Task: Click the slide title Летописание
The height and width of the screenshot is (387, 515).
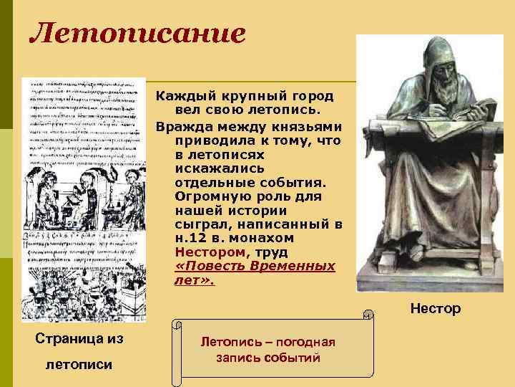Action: pos(137,33)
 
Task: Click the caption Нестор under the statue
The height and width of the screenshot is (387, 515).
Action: pos(435,310)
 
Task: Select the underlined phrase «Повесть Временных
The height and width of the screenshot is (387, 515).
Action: pos(255,266)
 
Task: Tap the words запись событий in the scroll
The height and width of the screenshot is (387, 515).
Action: pos(268,358)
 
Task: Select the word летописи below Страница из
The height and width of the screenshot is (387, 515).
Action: pos(79,364)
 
